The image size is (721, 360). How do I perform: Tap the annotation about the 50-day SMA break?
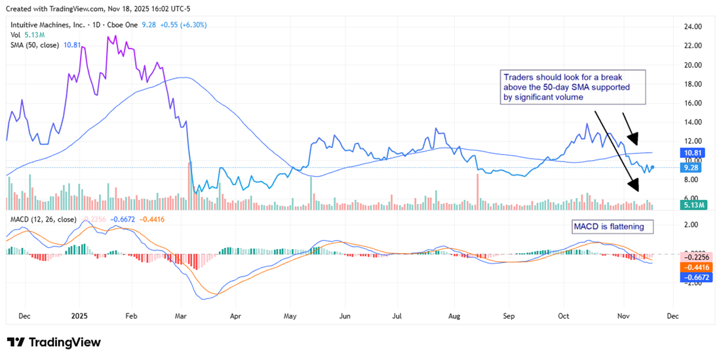pos(572,87)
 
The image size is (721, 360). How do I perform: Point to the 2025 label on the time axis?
pos(79,315)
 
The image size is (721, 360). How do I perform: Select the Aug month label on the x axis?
pos(455,315)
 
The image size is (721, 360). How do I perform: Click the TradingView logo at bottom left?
pos(54,342)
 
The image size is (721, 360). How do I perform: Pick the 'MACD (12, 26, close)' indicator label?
pos(43,219)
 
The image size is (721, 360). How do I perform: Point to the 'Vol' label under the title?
pos(14,35)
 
